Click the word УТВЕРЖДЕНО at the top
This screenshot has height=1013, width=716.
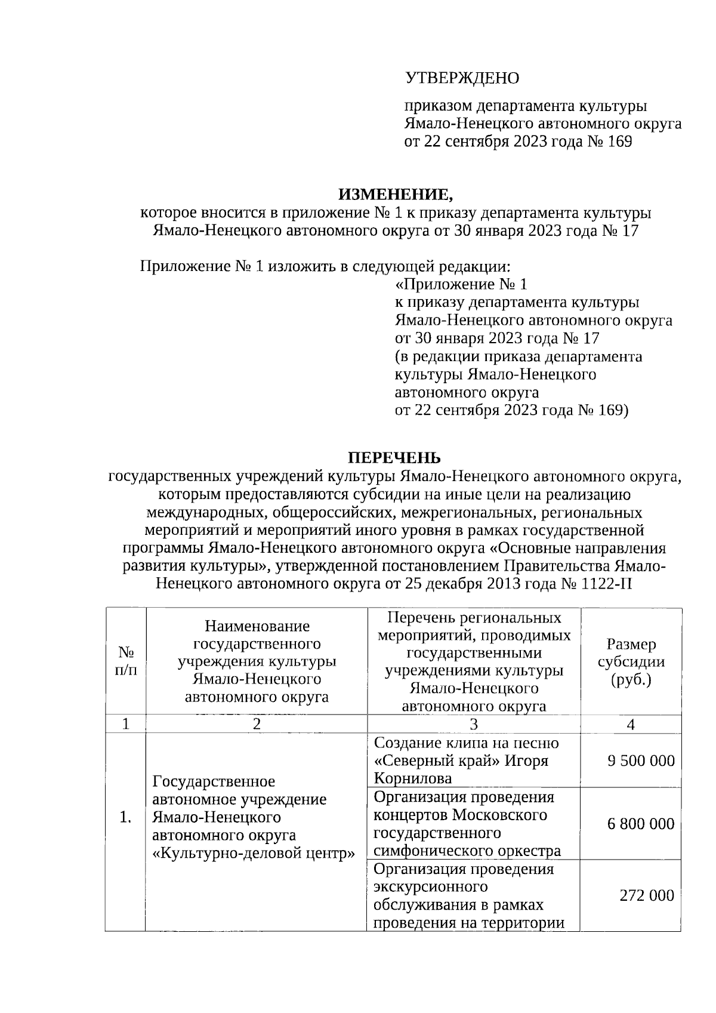tap(462, 78)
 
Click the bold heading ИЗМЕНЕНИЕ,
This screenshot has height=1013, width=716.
tap(396, 195)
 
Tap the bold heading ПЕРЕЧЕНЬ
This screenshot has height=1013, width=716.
tap(394, 458)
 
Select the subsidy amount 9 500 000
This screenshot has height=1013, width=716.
tap(641, 760)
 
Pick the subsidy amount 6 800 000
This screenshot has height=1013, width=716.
tap(641, 824)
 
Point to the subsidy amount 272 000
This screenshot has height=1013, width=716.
tap(647, 895)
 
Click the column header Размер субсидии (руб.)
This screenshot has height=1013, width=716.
tap(631, 661)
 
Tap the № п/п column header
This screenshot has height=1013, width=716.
tap(125, 661)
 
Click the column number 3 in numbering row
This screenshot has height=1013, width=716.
tap(474, 724)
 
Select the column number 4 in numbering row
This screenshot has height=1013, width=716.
tap(631, 724)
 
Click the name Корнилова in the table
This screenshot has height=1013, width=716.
tap(412, 778)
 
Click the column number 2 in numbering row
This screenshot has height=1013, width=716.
tap(257, 724)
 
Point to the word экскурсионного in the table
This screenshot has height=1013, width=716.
tap(431, 887)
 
